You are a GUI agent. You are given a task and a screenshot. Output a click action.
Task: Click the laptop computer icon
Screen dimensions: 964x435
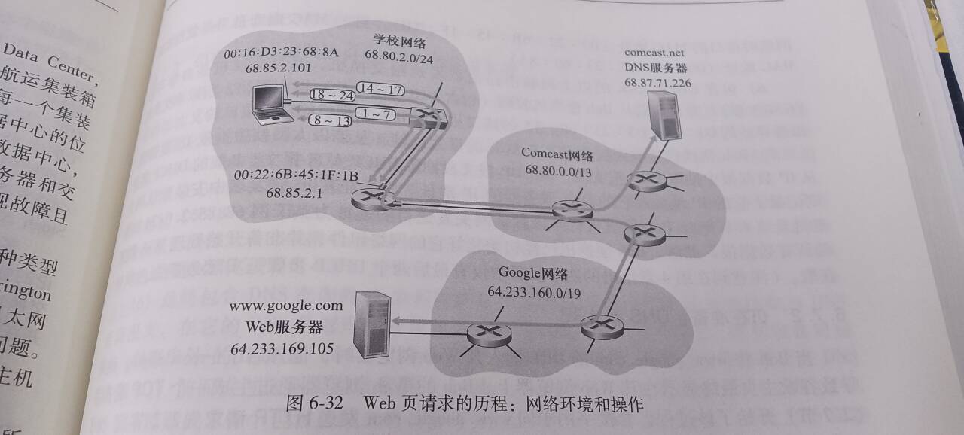(271, 106)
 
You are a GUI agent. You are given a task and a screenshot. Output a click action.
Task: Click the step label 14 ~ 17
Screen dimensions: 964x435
(380, 90)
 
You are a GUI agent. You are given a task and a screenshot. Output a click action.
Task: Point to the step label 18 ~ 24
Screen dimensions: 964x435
(332, 95)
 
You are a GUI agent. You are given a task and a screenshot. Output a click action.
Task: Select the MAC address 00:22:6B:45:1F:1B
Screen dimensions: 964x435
(295, 175)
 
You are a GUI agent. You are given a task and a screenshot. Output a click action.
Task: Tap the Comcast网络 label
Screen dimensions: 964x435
(557, 154)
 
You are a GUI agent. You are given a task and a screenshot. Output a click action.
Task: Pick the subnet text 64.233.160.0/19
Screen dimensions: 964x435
(535, 291)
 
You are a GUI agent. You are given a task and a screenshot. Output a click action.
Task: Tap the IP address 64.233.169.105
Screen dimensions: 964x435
(282, 348)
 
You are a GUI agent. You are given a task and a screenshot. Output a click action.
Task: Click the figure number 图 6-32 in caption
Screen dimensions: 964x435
(314, 403)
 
